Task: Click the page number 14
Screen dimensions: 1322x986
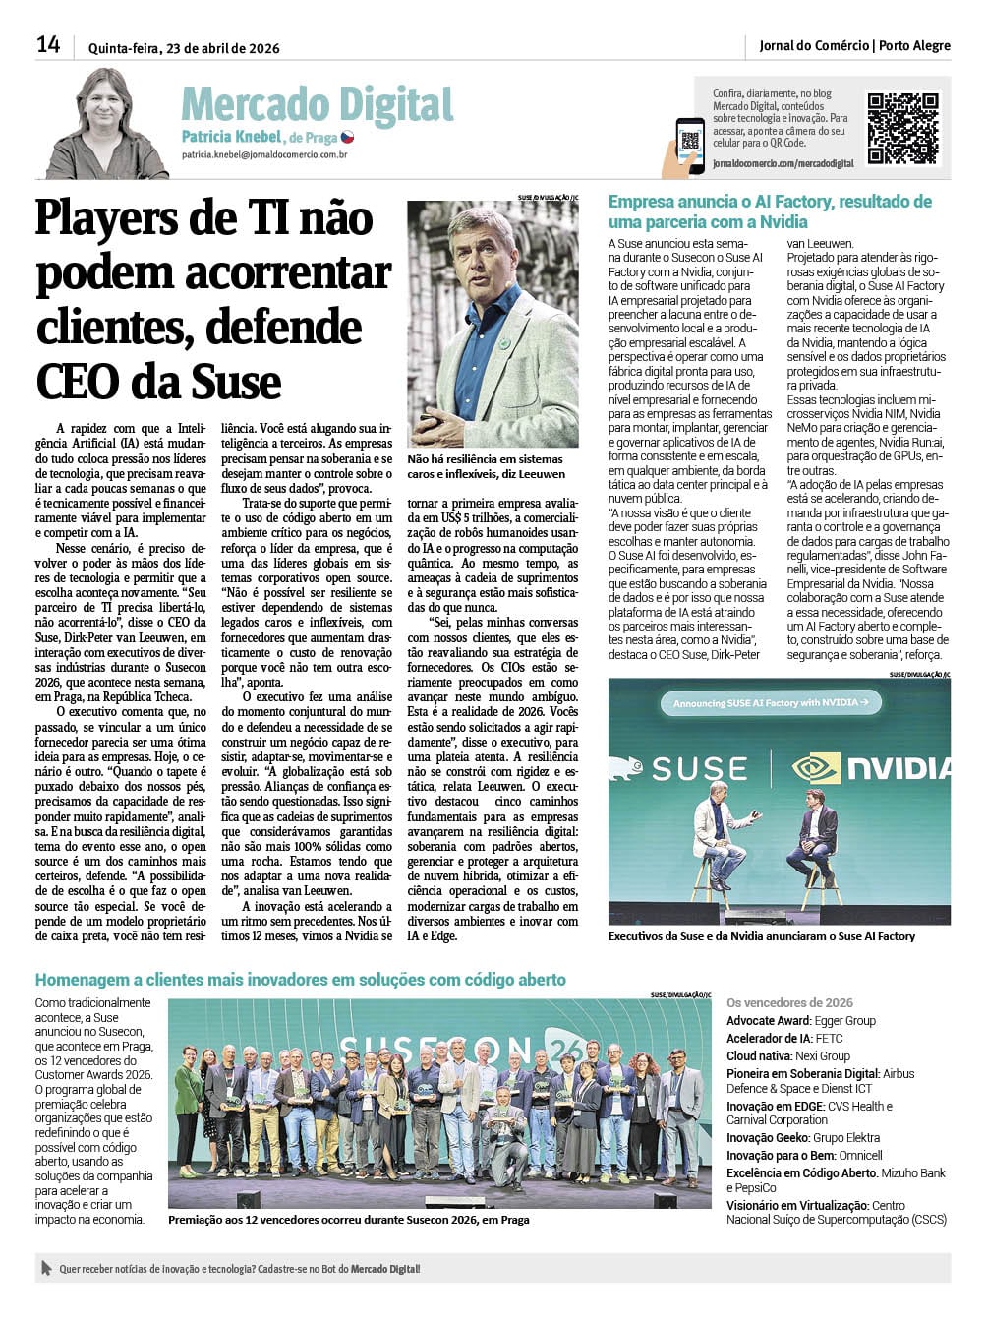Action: (x=48, y=44)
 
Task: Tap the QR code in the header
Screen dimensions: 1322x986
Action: (x=901, y=128)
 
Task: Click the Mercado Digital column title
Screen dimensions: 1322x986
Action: (x=317, y=105)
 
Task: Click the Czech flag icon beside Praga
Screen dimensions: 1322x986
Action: (x=347, y=137)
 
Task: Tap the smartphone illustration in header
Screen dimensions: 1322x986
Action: (x=689, y=145)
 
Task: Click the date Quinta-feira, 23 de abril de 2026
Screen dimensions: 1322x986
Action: (x=184, y=47)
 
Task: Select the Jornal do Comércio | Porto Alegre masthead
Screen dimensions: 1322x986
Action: (x=853, y=45)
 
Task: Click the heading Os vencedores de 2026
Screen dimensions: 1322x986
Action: (x=789, y=1002)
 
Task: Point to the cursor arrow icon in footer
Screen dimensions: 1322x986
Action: (x=45, y=1268)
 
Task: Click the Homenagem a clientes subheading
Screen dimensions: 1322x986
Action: (x=300, y=980)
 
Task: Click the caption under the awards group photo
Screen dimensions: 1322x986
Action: (x=349, y=1219)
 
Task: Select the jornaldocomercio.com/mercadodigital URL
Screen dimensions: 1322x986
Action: (x=783, y=163)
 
